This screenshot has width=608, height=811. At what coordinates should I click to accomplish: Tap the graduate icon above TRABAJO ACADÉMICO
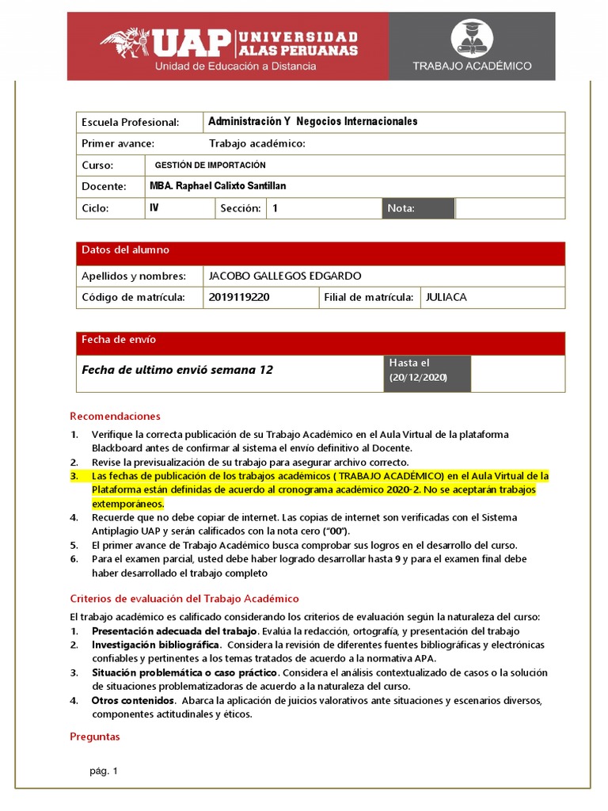point(471,39)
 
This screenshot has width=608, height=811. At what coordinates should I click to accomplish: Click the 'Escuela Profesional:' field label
point(131,122)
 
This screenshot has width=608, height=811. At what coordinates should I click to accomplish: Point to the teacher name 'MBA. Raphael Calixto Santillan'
point(218,186)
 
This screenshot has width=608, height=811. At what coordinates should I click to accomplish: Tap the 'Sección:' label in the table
point(241,208)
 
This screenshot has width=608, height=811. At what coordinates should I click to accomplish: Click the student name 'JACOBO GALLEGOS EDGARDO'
point(284,276)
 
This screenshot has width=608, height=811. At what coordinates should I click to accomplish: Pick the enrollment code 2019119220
point(239,297)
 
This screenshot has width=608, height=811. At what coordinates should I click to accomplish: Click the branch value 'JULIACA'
point(446,297)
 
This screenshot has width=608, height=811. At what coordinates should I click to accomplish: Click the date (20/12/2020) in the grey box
point(418,378)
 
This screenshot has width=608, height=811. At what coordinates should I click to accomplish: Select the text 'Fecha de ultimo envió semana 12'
point(177,370)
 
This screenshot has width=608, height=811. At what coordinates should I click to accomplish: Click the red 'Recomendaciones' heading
point(115,416)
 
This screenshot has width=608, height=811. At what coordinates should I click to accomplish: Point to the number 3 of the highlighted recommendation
point(74,476)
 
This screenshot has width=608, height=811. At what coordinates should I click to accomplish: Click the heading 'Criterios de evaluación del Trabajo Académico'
point(184,599)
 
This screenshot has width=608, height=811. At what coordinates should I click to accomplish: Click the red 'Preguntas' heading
point(95,737)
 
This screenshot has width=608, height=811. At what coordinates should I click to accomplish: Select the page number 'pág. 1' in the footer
point(104,771)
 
